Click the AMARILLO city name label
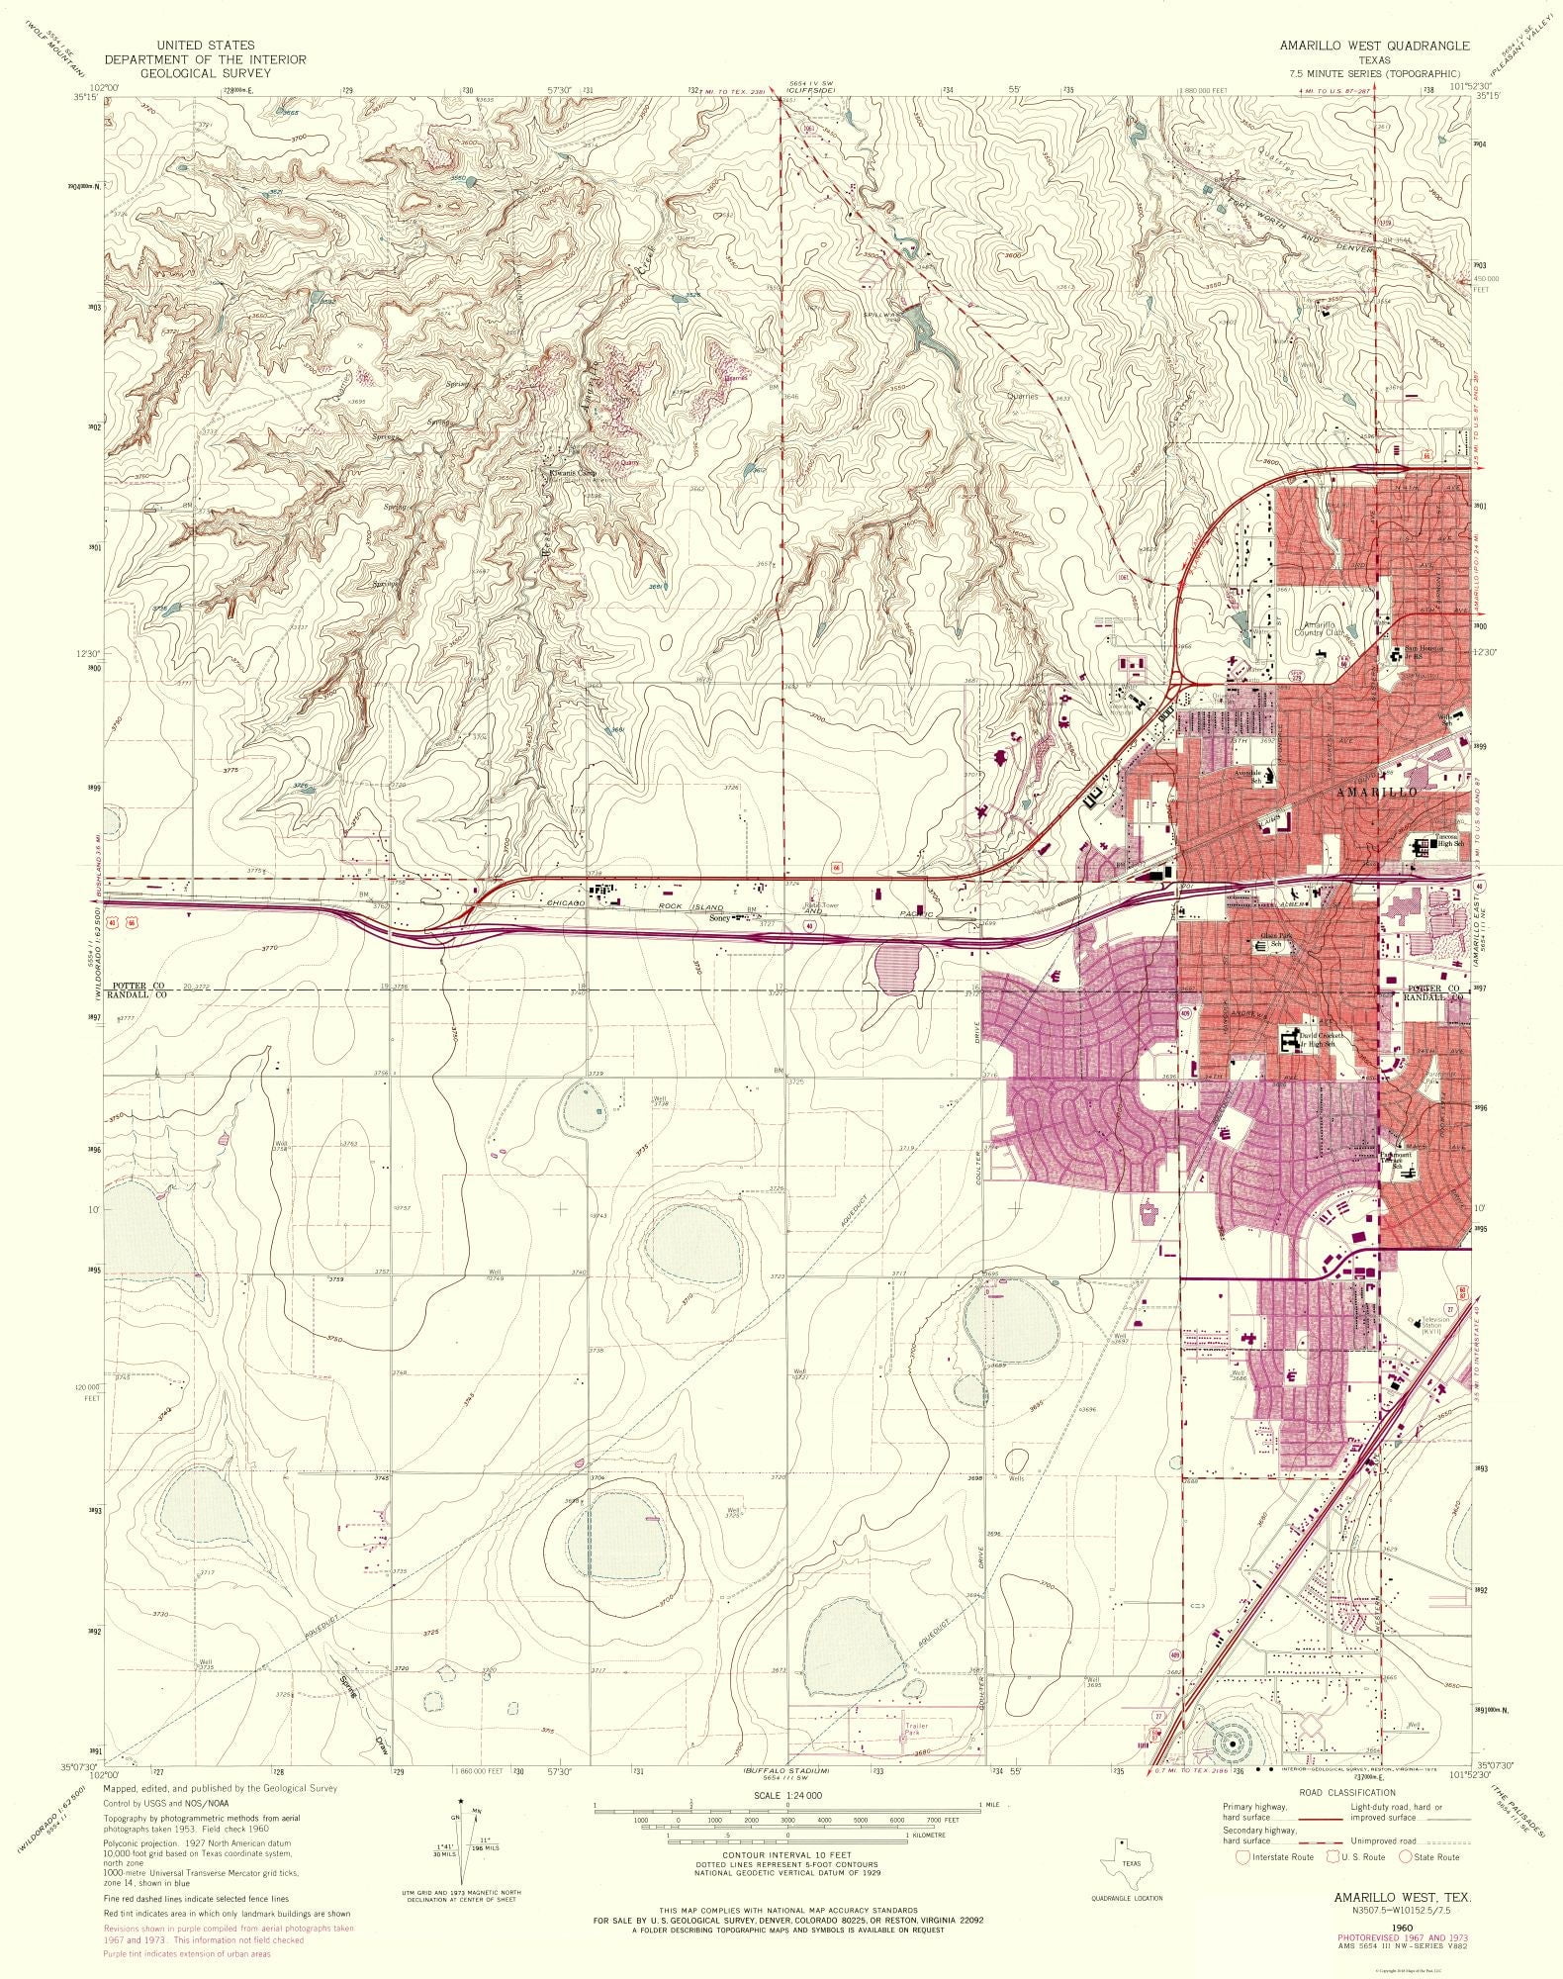(1376, 793)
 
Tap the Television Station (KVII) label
(1435, 1323)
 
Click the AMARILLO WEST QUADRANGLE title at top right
(1374, 46)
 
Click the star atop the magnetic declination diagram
(462, 1802)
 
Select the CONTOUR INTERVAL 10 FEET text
(781, 1854)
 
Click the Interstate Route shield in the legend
(1242, 1856)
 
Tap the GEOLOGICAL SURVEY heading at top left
(205, 73)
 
